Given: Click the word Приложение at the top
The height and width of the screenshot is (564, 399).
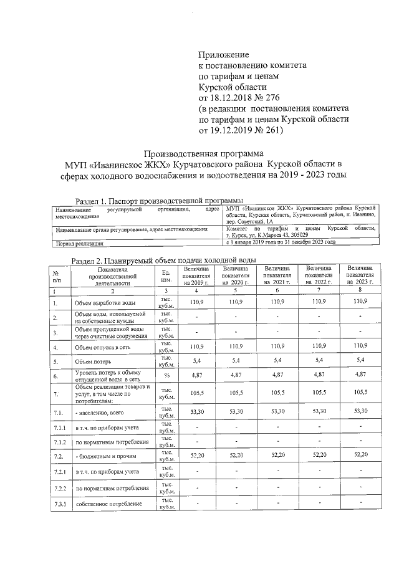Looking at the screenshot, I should click(x=223, y=55).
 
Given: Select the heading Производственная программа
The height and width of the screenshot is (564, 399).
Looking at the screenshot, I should click(x=204, y=153).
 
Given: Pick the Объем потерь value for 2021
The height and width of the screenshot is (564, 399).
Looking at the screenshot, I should click(x=277, y=360).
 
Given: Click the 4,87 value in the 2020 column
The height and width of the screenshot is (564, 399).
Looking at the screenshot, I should click(x=236, y=375).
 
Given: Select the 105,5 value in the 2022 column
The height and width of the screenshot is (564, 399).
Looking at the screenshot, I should click(x=318, y=393).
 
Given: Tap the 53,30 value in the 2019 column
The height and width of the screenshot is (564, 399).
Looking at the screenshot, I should click(x=197, y=411).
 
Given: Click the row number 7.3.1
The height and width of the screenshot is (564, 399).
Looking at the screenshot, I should click(x=58, y=504).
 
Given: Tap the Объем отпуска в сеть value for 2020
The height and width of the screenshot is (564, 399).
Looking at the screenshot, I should click(x=236, y=345).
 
